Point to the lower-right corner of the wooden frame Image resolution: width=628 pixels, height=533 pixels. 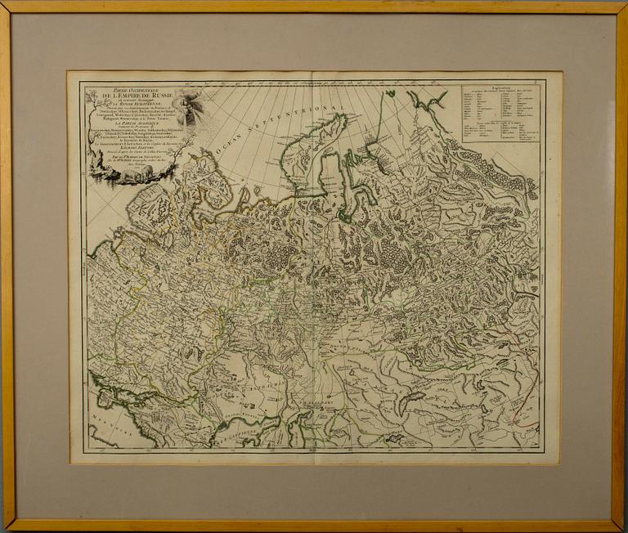coord(621,526)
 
